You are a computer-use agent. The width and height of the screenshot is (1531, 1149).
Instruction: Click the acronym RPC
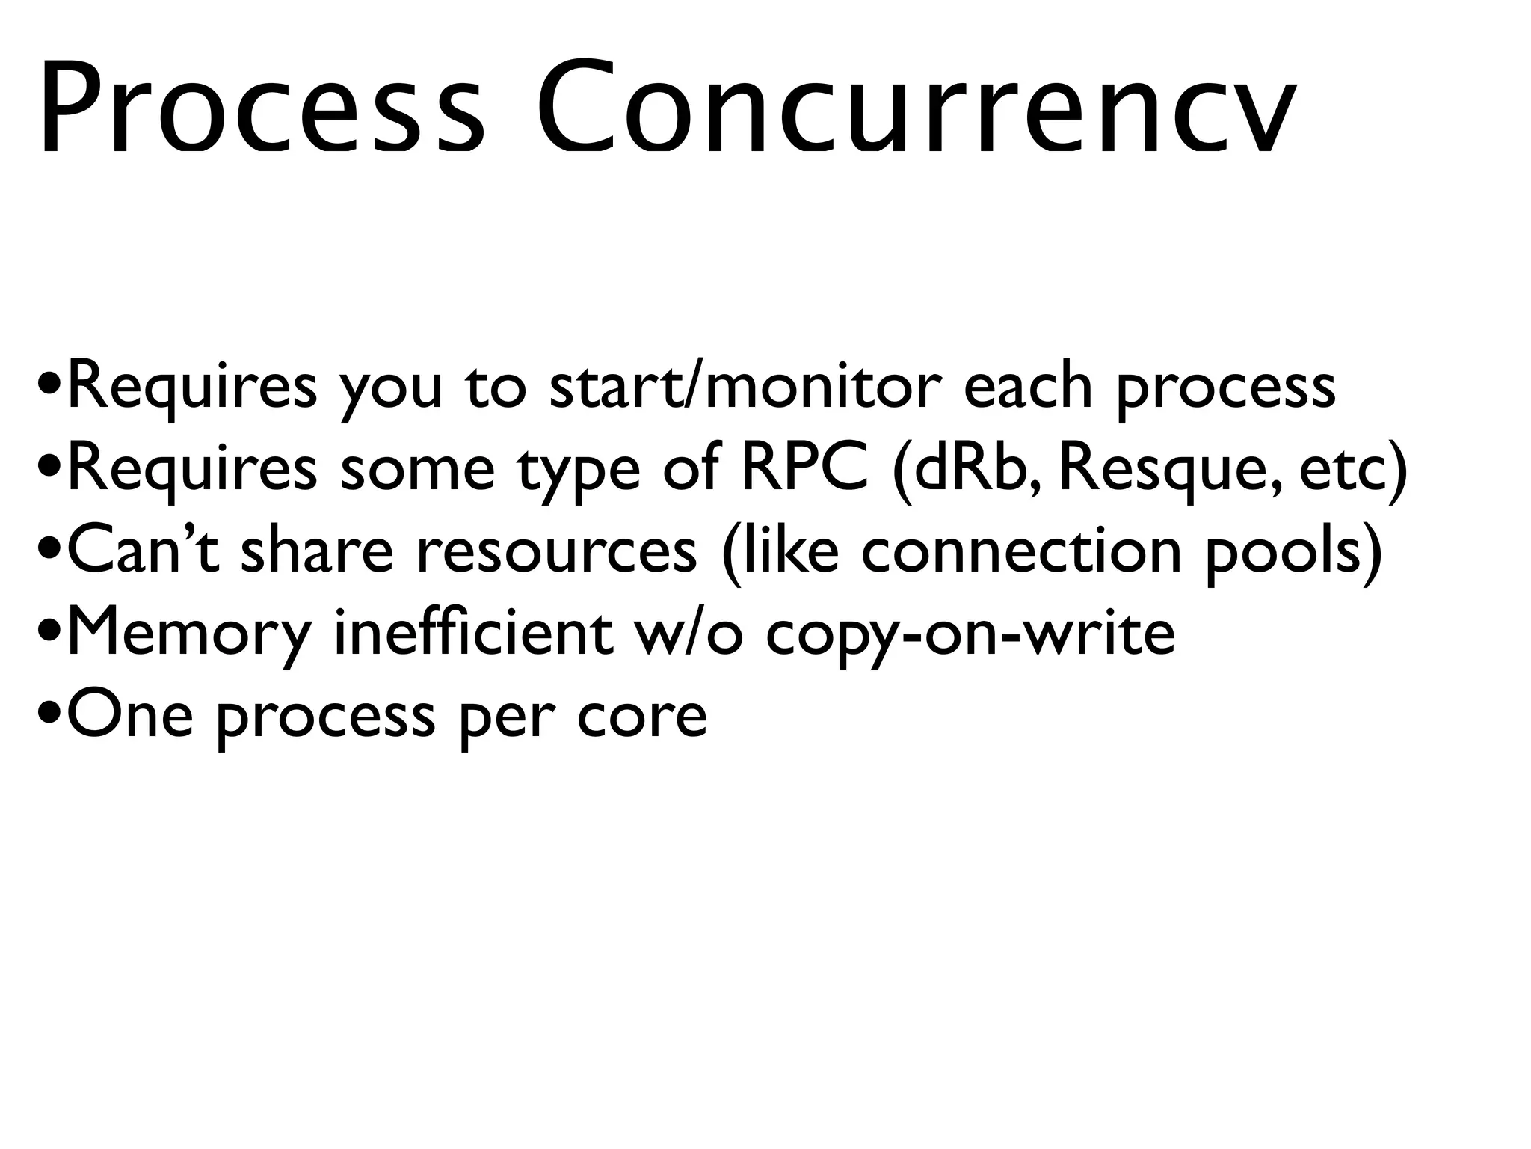804,470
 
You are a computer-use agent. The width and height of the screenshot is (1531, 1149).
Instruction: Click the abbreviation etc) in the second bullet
1353,470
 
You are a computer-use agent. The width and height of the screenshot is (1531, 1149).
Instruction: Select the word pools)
1293,551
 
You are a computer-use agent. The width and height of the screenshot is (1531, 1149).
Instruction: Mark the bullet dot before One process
50,717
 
